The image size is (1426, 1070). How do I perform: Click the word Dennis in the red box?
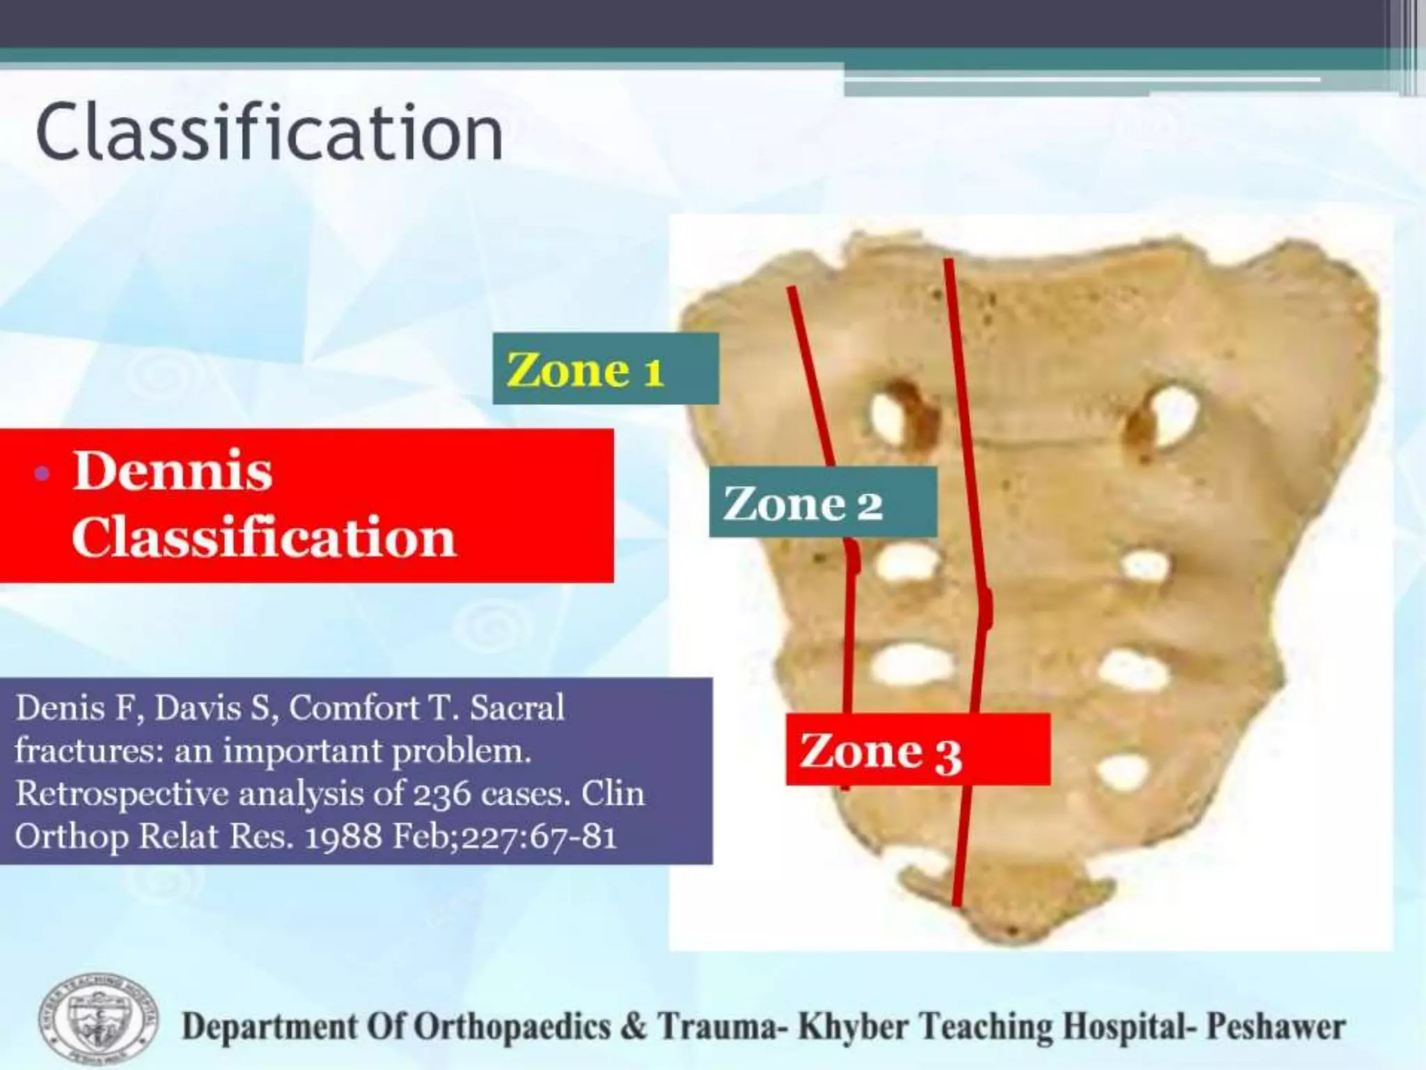coord(173,472)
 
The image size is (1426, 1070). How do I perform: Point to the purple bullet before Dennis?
coord(42,474)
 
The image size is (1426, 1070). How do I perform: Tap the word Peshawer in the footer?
coord(1276,1028)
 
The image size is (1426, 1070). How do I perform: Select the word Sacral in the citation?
coord(517,708)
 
